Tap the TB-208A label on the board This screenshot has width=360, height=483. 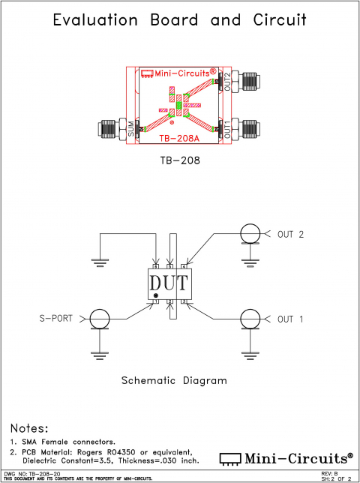pyautogui.click(x=179, y=137)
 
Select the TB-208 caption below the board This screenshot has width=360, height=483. pyautogui.click(x=179, y=160)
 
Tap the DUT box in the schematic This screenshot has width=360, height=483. pyautogui.click(x=170, y=285)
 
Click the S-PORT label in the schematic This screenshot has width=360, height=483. pyautogui.click(x=55, y=319)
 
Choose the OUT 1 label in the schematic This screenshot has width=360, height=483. pyautogui.click(x=290, y=319)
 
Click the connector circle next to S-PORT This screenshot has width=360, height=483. pyautogui.click(x=98, y=319)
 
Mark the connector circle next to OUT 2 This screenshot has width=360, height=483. pyautogui.click(x=248, y=234)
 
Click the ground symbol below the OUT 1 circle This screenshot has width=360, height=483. pyautogui.click(x=248, y=351)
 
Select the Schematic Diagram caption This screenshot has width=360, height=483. pyautogui.click(x=179, y=380)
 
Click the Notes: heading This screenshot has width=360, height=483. pyautogui.click(x=29, y=428)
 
